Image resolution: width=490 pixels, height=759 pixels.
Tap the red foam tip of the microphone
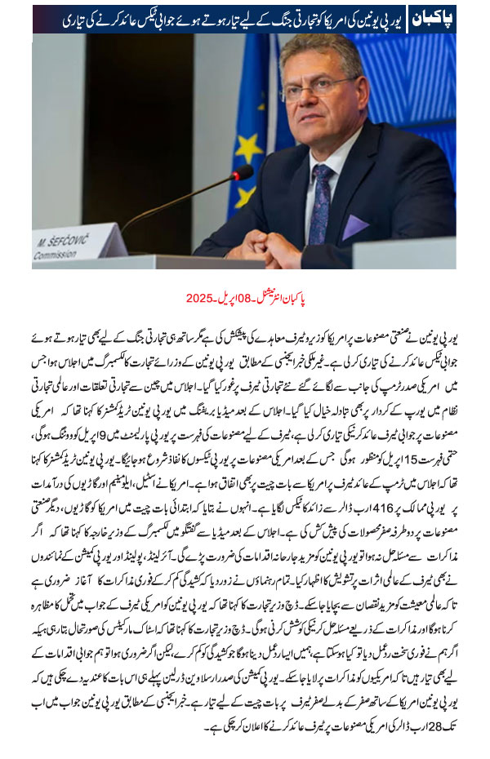(243, 173)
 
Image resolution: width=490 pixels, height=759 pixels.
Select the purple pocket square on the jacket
(355, 225)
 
